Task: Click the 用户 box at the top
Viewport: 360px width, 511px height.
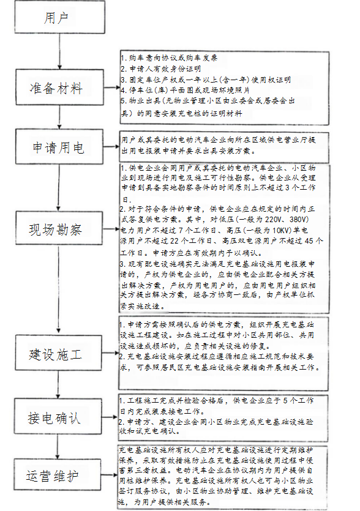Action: (56, 19)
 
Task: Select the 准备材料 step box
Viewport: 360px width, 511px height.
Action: (56, 89)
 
